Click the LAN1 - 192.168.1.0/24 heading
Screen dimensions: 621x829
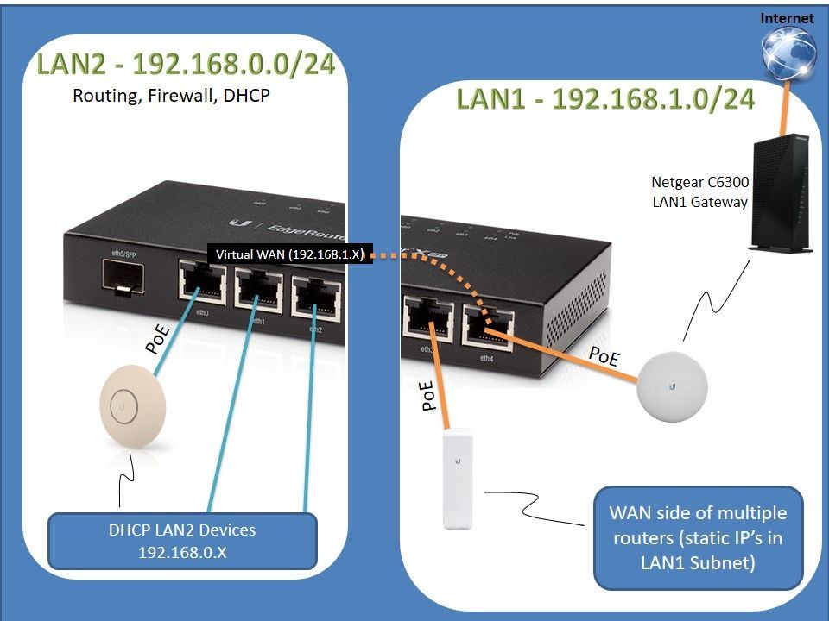point(605,98)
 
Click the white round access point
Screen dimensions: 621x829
point(673,387)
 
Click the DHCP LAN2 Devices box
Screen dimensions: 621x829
point(182,540)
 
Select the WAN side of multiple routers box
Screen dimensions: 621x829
point(698,537)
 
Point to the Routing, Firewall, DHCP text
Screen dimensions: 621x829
point(171,97)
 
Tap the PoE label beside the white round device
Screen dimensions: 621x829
point(603,356)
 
